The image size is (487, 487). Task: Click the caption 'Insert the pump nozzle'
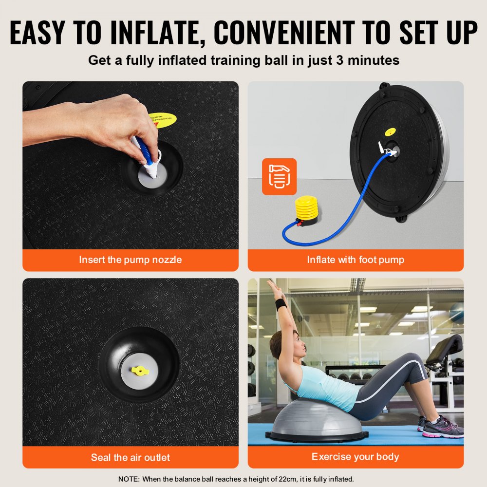click(131, 260)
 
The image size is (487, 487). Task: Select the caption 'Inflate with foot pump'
click(356, 260)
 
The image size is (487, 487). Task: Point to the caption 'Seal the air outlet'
click(131, 457)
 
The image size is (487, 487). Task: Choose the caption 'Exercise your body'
click(356, 457)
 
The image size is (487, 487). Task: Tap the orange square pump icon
click(279, 176)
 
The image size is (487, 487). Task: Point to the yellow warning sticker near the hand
click(163, 119)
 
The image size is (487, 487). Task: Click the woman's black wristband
click(281, 305)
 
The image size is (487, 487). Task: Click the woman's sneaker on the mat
click(441, 429)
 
